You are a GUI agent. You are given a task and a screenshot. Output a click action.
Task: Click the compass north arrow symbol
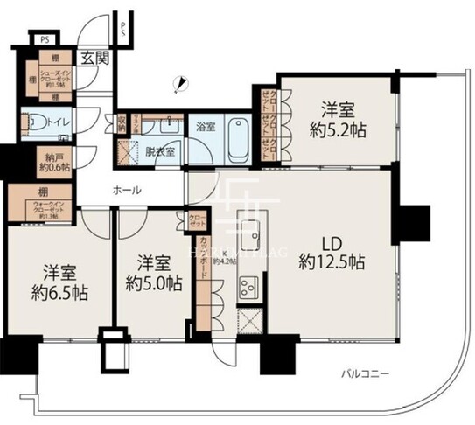point(181,84)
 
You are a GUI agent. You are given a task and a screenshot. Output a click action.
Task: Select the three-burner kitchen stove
point(248,287)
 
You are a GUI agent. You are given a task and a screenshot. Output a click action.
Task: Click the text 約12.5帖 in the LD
point(332,261)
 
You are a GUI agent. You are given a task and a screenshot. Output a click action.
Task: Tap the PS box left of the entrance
point(42,38)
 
